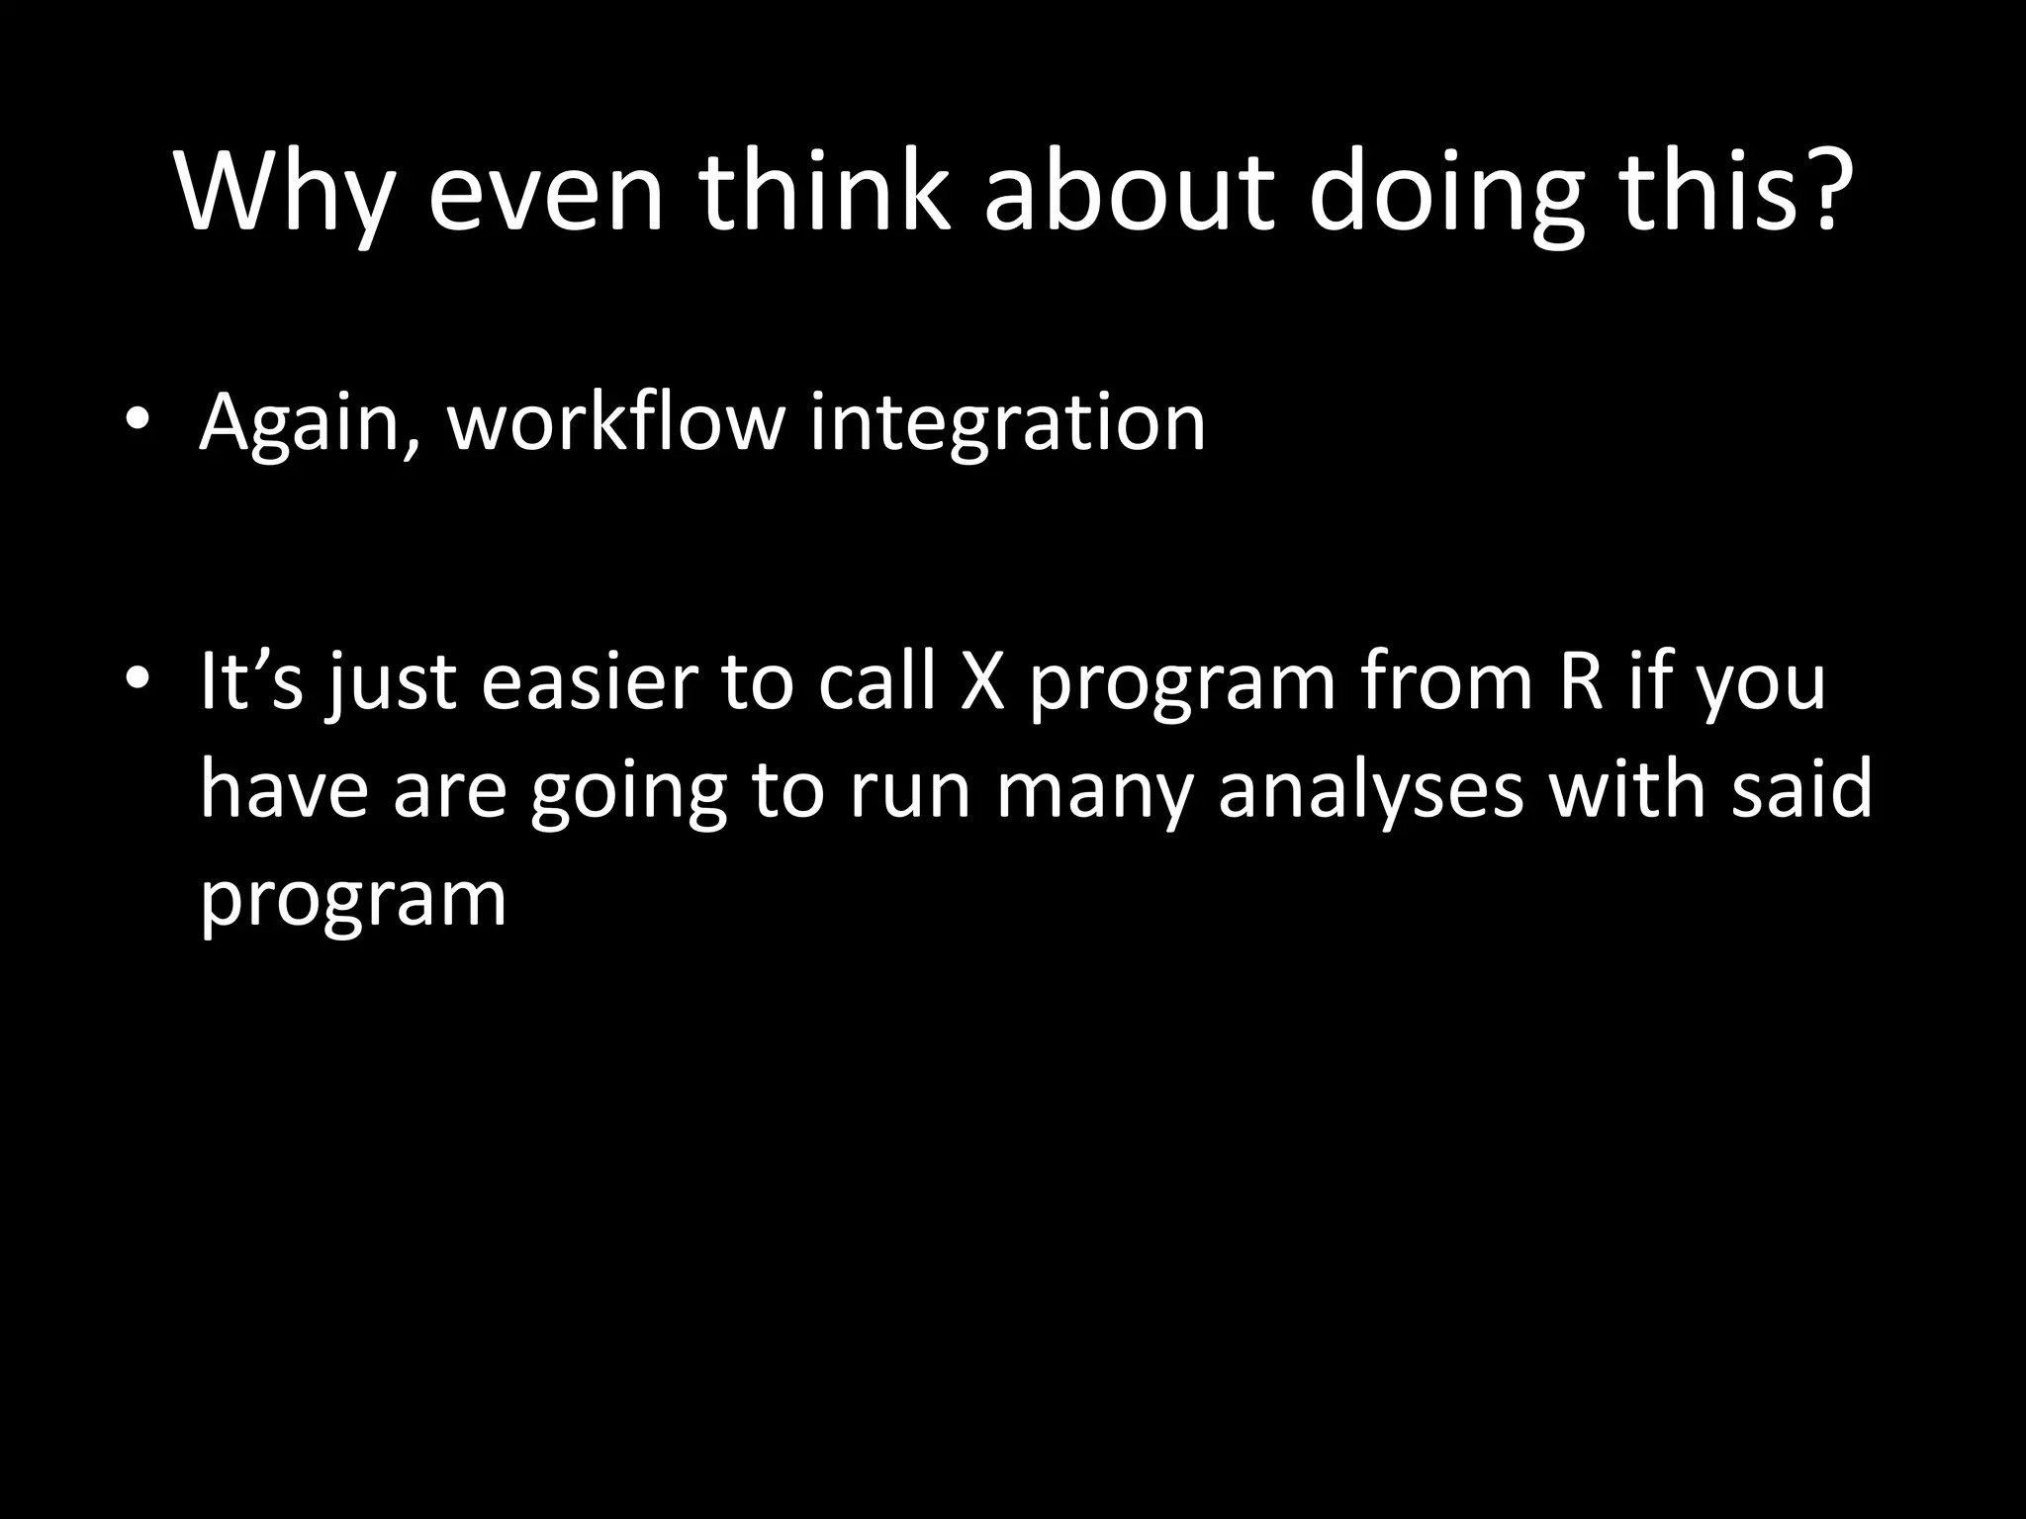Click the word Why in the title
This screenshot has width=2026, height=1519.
pyautogui.click(x=285, y=193)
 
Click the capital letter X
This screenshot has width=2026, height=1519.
pyautogui.click(x=982, y=682)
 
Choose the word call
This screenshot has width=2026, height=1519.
pyautogui.click(x=876, y=682)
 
